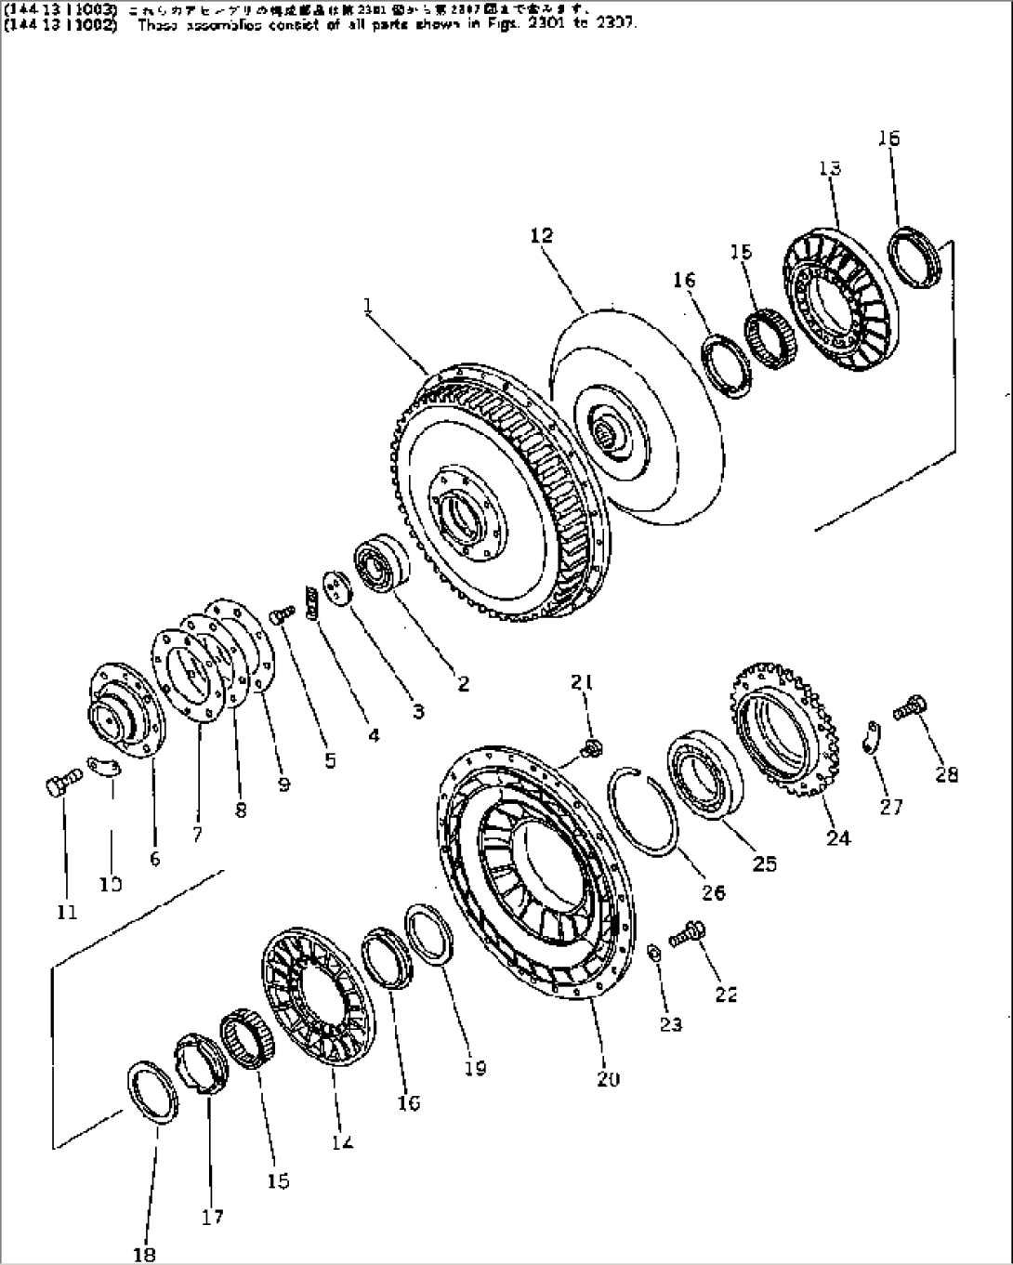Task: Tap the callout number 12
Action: [541, 236]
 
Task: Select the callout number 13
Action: [830, 168]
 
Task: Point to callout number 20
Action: [609, 1079]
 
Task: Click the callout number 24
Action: [837, 838]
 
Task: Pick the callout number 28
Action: [946, 774]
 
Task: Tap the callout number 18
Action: [144, 1254]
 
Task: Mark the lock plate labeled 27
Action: [871, 737]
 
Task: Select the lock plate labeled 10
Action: [105, 765]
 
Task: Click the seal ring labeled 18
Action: [151, 1092]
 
